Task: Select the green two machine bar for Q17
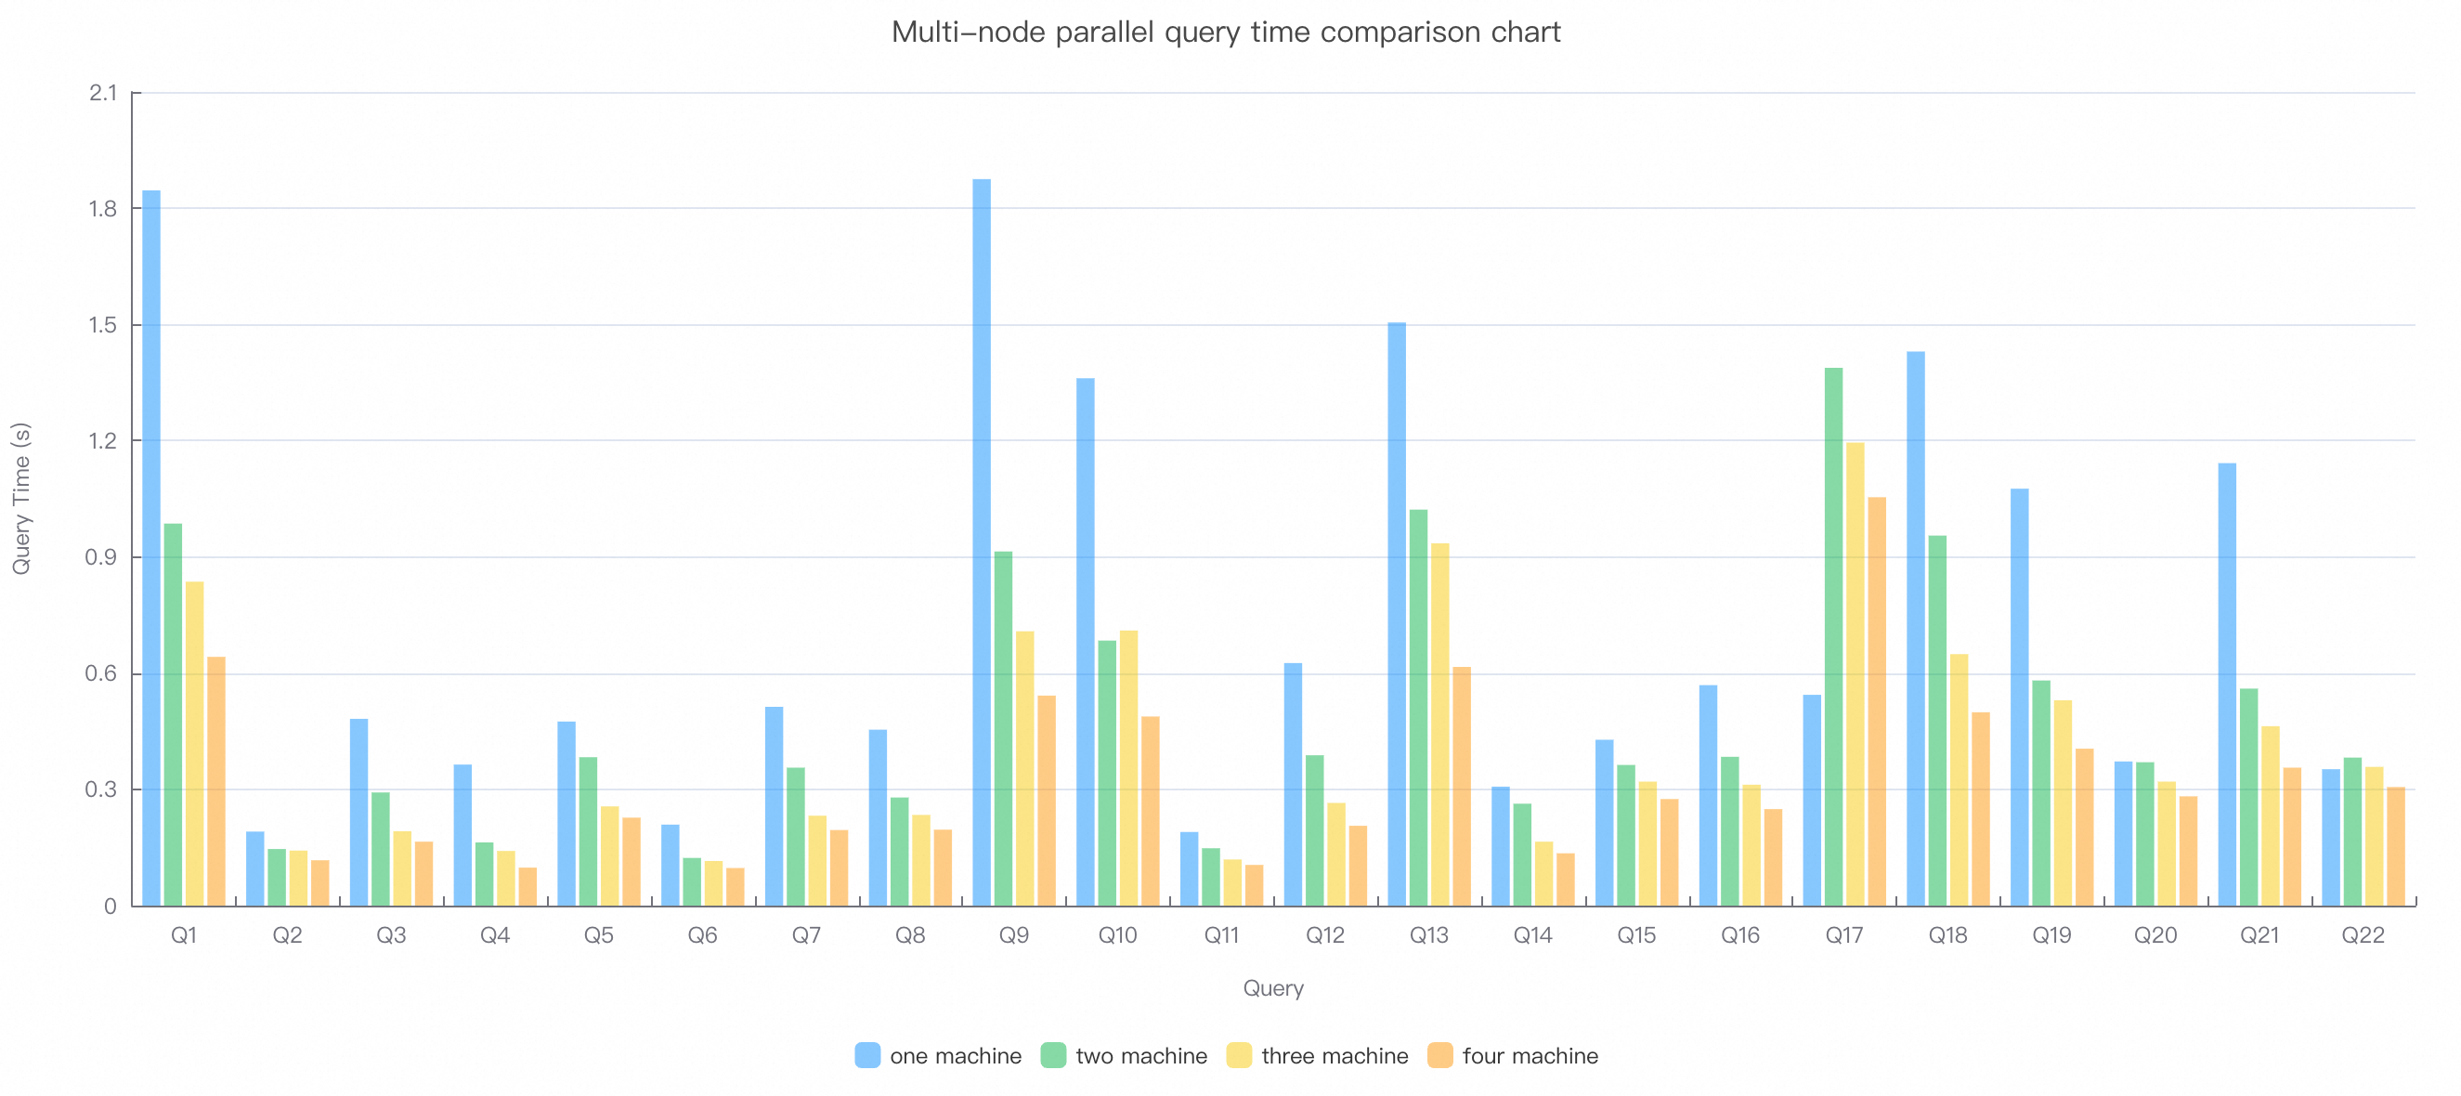tap(1833, 636)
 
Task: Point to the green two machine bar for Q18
tap(1937, 721)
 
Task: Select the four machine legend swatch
tap(1439, 1056)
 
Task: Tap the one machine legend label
tap(956, 1056)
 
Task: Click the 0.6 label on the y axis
tap(101, 673)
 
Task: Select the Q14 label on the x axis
tap(1532, 935)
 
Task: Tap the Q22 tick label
tap(2363, 935)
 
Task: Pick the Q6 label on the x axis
tap(702, 935)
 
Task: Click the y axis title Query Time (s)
tap(21, 499)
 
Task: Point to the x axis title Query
tap(1272, 988)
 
